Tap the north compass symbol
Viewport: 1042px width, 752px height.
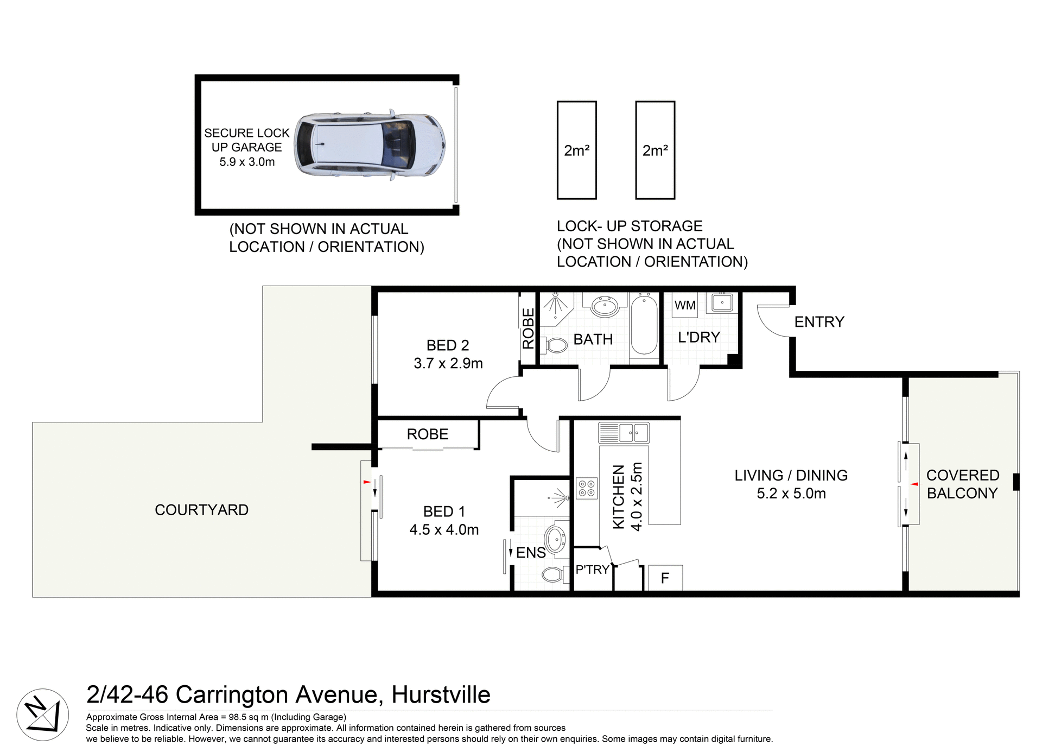42,715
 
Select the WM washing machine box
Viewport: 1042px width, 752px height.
685,305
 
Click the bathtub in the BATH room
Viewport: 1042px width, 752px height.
644,324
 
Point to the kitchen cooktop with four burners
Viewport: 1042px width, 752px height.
586,488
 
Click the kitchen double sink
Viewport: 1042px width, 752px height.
624,433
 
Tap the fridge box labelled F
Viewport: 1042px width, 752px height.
665,578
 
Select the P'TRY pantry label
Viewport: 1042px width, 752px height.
592,570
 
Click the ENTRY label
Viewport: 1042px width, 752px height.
819,322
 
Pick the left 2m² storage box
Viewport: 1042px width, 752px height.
576,150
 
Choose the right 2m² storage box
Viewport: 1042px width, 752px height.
655,150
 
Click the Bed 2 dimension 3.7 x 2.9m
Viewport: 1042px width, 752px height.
448,363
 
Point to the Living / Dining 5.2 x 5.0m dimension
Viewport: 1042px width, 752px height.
791,494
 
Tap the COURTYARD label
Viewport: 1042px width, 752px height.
201,510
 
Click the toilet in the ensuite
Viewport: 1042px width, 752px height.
554,574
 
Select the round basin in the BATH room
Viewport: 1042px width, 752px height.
603,307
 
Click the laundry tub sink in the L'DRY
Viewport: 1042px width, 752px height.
722,302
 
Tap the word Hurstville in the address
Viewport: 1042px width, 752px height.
441,694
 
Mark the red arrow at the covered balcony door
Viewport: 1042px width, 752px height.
914,484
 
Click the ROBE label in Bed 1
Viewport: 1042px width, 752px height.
427,434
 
